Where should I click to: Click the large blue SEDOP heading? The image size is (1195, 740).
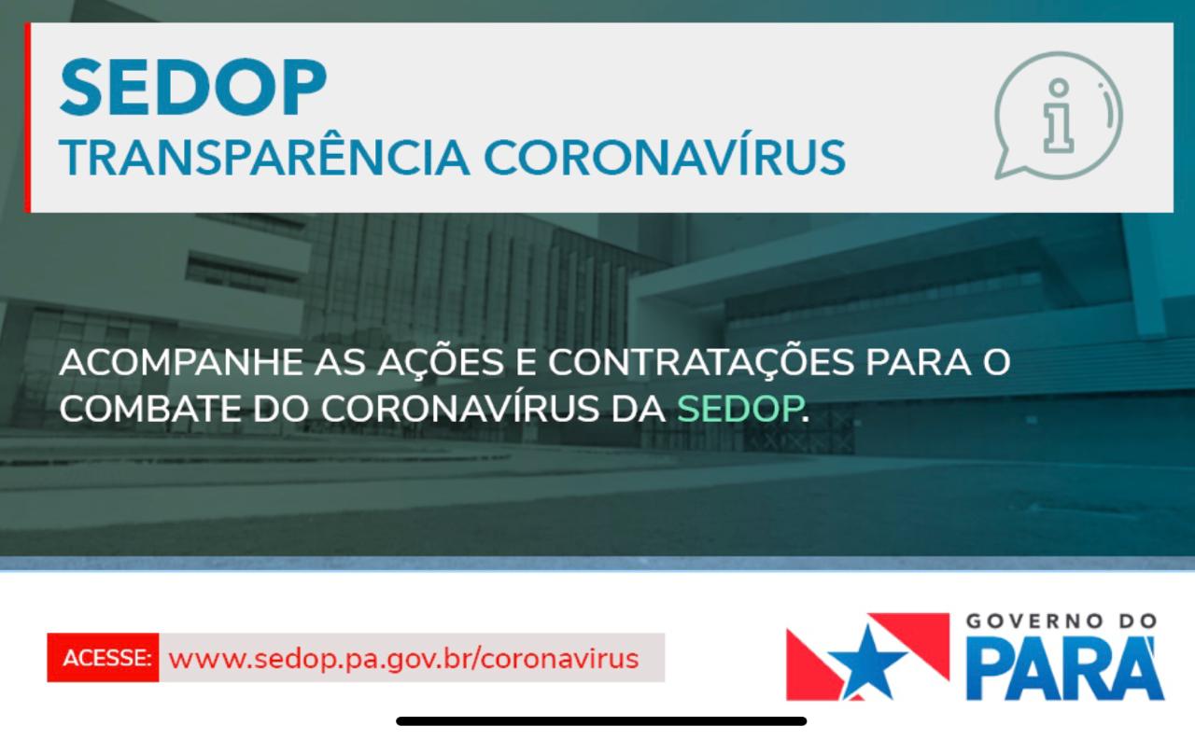click(x=193, y=87)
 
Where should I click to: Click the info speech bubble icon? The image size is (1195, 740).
click(x=1059, y=116)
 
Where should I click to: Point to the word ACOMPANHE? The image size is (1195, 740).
click(x=182, y=363)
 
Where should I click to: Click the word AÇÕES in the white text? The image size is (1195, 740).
click(x=441, y=363)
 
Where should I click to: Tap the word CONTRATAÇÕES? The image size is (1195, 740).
click(x=701, y=363)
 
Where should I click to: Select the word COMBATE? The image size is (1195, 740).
click(x=150, y=409)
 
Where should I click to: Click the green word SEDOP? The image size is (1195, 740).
click(x=740, y=409)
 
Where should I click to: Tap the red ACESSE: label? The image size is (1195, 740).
click(x=106, y=658)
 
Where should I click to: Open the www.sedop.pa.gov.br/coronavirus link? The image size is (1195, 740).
click(x=403, y=659)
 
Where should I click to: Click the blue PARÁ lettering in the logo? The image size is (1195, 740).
click(x=1065, y=668)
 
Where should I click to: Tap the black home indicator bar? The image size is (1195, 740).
click(x=601, y=721)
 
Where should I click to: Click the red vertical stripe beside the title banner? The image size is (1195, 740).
click(x=28, y=118)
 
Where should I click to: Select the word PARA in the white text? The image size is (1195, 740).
click(x=918, y=363)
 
